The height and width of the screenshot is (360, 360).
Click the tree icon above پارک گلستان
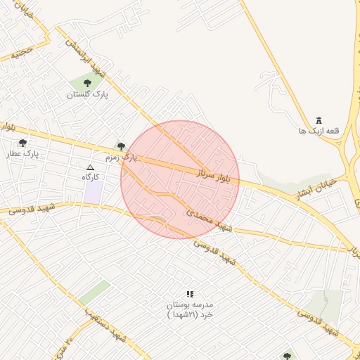pyautogui.click(x=87, y=84)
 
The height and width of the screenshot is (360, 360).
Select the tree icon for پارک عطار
pyautogui.click(x=22, y=143)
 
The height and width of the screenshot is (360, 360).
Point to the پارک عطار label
pyautogui.click(x=22, y=153)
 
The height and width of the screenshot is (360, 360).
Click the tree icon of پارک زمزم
pyautogui.click(x=121, y=147)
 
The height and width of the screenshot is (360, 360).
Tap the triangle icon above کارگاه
pyautogui.click(x=89, y=167)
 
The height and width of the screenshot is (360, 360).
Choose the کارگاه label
pyautogui.click(x=89, y=177)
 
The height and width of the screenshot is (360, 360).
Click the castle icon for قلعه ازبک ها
pyautogui.click(x=319, y=121)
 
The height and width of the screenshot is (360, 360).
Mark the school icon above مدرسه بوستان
pyautogui.click(x=189, y=294)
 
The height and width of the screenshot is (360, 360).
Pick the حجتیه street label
pyautogui.click(x=22, y=51)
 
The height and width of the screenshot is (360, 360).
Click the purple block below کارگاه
pyautogui.click(x=94, y=192)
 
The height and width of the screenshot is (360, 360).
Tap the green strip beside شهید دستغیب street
pyautogui.click(x=94, y=292)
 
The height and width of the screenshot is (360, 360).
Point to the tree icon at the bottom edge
pyautogui.click(x=286, y=356)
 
